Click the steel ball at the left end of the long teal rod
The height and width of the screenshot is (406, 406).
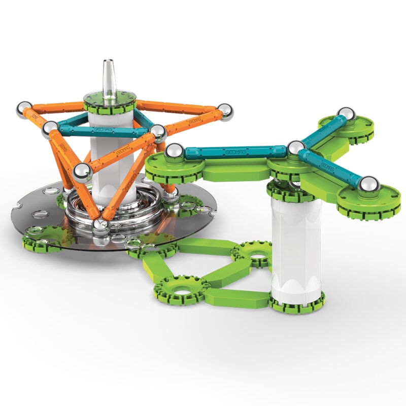pyautogui.click(x=174, y=152)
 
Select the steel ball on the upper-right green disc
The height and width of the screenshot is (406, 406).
pyautogui.click(x=346, y=115)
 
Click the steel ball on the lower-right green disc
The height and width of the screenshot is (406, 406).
pyautogui.click(x=369, y=185)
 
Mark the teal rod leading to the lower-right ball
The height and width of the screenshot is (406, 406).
pyautogui.click(x=331, y=166)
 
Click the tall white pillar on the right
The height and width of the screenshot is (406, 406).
pyautogui.click(x=296, y=244)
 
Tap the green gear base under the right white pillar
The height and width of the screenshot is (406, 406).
pyautogui.click(x=297, y=303)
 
